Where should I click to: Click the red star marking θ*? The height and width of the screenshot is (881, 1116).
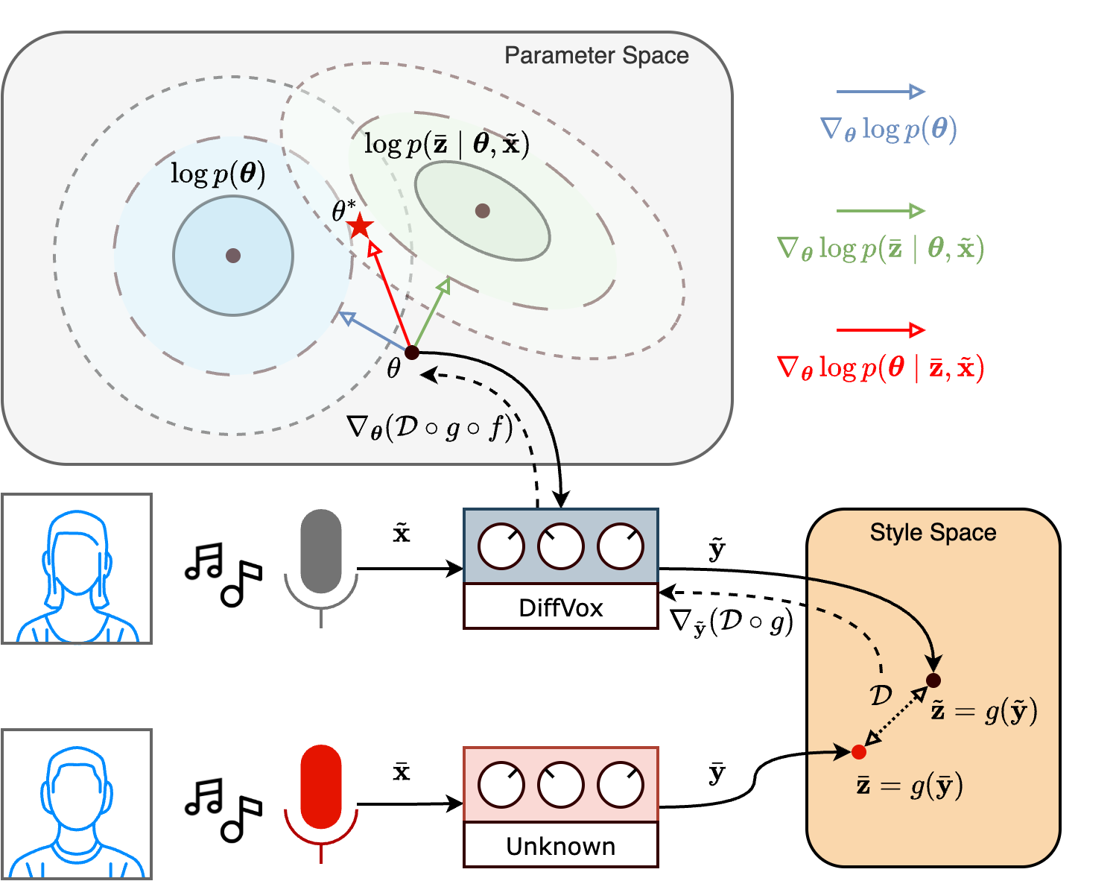click(x=361, y=225)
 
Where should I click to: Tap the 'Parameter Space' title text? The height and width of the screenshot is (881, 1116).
click(x=596, y=56)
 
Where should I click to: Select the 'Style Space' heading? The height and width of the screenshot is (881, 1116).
click(x=933, y=532)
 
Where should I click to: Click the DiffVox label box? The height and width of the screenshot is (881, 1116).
click(x=560, y=607)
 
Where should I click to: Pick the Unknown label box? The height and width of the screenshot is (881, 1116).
click(x=560, y=845)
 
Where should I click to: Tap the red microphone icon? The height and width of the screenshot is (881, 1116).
click(x=321, y=789)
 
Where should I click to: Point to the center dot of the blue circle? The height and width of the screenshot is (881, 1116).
click(x=233, y=256)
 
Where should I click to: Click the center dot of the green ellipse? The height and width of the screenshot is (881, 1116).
click(x=482, y=211)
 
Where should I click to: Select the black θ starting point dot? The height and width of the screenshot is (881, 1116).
click(x=411, y=353)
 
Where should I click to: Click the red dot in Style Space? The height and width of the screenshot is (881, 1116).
click(x=859, y=751)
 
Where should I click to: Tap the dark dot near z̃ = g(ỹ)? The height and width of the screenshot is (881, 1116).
click(x=933, y=680)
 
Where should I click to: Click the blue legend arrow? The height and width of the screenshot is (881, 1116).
click(x=880, y=92)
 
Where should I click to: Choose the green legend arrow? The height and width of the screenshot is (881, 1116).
click(x=880, y=211)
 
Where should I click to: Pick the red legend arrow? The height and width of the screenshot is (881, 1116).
click(x=880, y=330)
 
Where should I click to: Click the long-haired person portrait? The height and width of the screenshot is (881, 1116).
click(x=77, y=568)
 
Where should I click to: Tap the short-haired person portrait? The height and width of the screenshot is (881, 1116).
click(x=77, y=803)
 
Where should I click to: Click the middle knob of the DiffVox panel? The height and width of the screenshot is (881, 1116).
click(x=560, y=546)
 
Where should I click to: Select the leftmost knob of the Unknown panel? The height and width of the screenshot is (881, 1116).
click(x=501, y=785)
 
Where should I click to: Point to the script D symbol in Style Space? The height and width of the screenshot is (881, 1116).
click(x=881, y=695)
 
